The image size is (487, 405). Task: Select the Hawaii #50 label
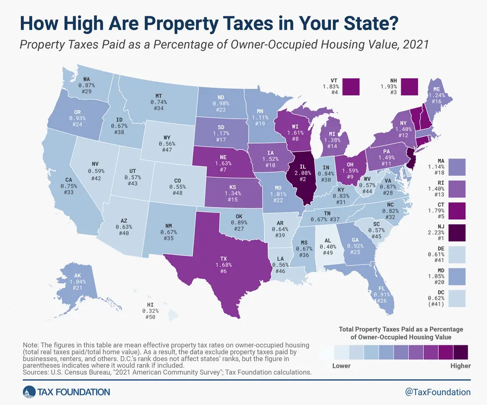pyautogui.click(x=154, y=318)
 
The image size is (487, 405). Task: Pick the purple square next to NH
pyautogui.click(x=410, y=86)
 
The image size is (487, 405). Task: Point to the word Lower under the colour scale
pyautogui.click(x=341, y=366)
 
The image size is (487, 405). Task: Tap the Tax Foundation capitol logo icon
pyautogui.click(x=28, y=392)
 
